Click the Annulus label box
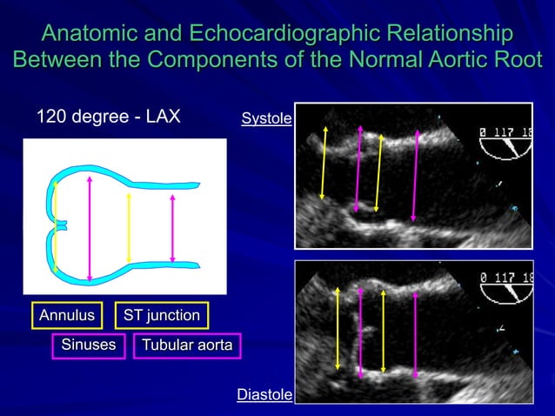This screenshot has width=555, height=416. pos(65,315)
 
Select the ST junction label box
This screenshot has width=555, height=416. pos(161,315)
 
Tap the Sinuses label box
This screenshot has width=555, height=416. pos(88,346)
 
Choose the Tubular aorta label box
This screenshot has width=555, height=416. pos(186,346)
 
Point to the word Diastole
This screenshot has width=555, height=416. pos(264,395)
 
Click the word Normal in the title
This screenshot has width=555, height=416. pos(384,61)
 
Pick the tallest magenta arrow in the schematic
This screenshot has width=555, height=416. pos(90,228)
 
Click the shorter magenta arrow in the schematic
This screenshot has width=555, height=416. pos(172,228)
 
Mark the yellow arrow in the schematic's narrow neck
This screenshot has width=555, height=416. pos(129,228)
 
